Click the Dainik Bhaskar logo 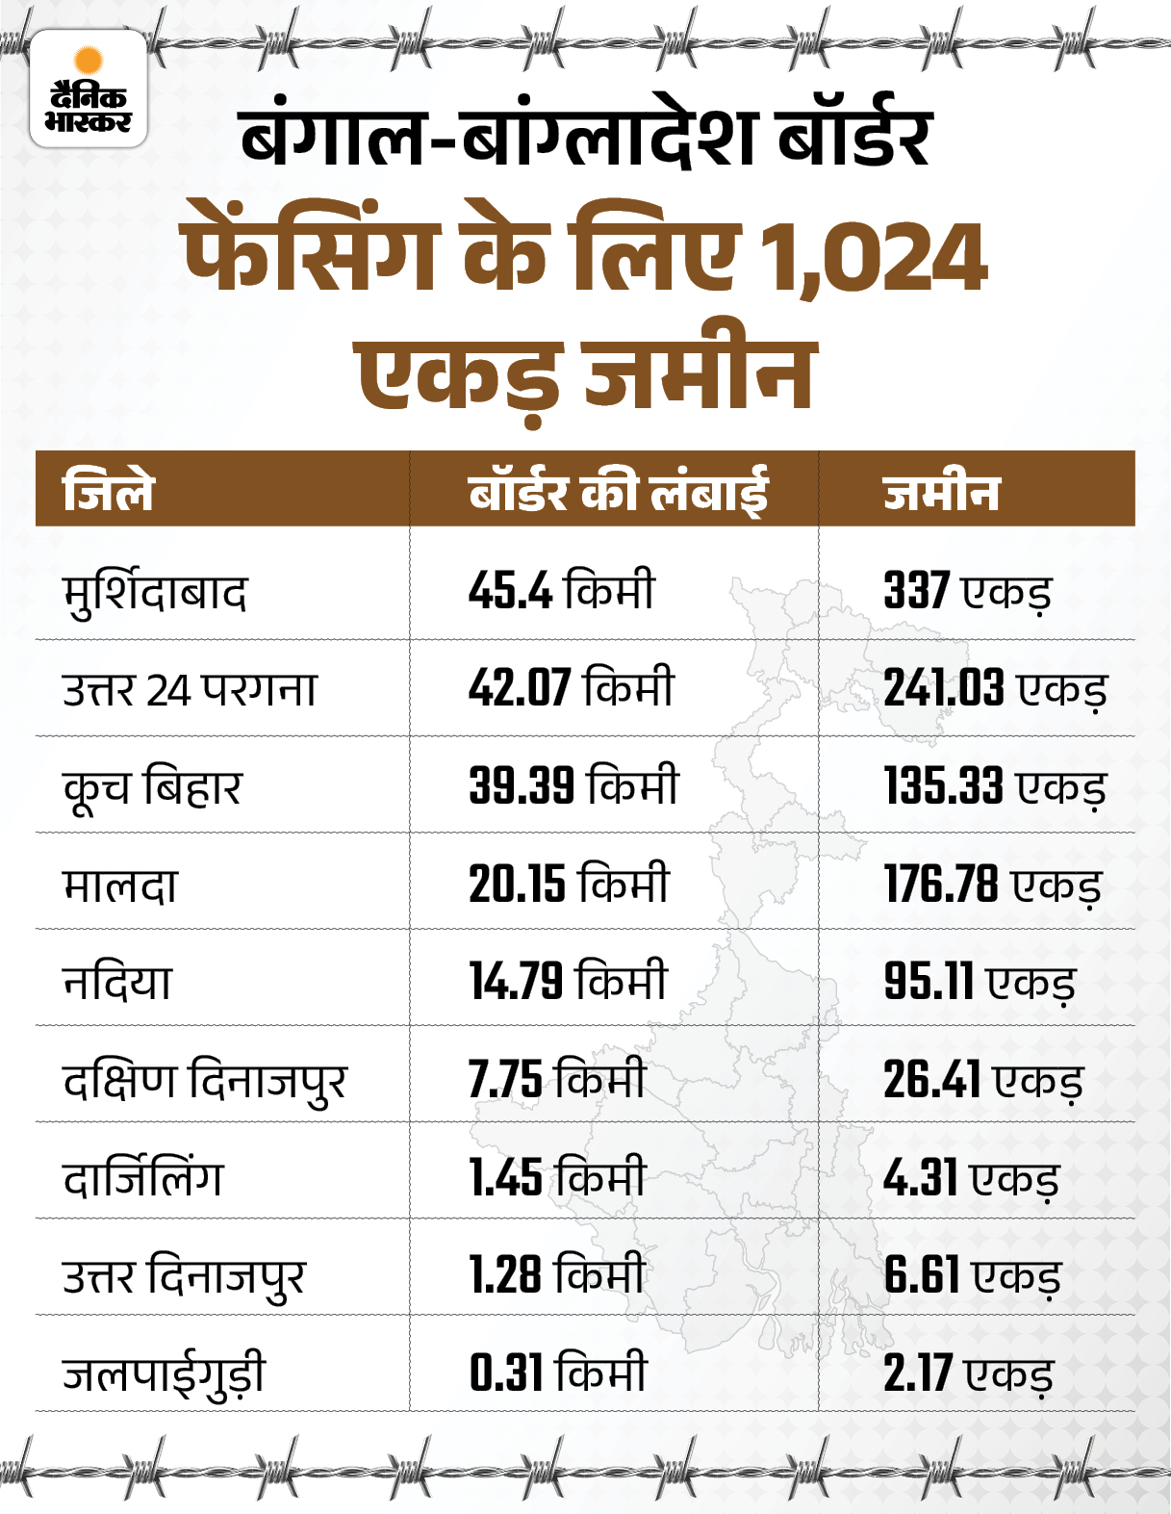pos(89,89)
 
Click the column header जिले pos(108,491)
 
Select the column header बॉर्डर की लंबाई pos(618,492)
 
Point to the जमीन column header pos(941,492)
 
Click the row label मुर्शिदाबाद pos(155,592)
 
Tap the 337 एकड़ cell pos(967,591)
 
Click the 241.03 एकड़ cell pos(995,688)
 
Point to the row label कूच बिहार pos(152,786)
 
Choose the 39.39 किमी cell pos(573,784)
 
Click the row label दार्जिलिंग pos(142,1176)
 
